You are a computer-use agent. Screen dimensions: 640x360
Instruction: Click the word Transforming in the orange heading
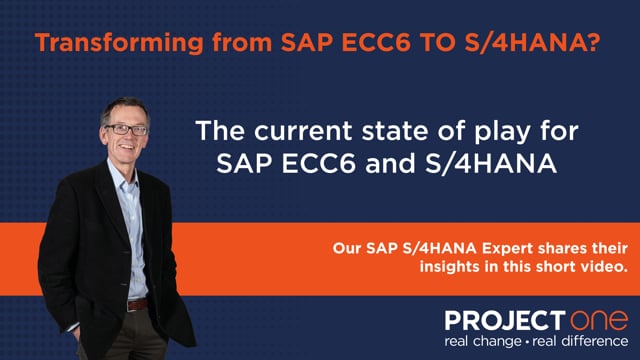tap(119, 42)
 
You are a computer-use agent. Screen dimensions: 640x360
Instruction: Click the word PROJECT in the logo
tap(505, 320)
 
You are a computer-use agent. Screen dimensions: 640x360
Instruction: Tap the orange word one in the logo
tap(598, 320)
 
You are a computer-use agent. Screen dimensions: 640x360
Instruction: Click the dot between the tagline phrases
tap(527, 342)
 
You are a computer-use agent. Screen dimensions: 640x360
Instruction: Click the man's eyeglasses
tap(126, 130)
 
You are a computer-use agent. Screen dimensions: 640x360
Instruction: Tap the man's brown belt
tap(137, 304)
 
